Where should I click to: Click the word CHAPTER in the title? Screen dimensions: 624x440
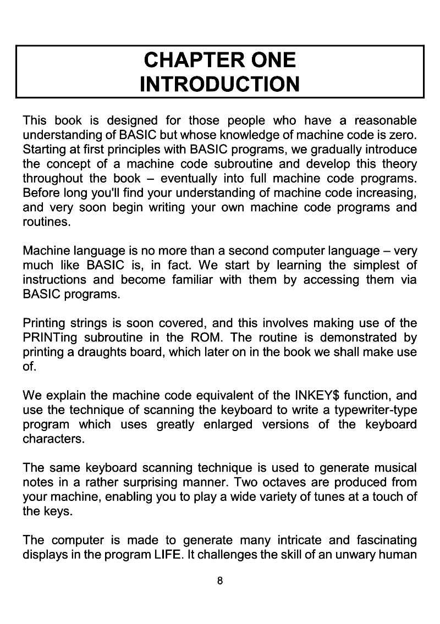click(x=181, y=60)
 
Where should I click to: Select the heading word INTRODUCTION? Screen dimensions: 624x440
click(x=220, y=84)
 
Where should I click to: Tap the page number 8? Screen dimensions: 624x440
click(x=220, y=581)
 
